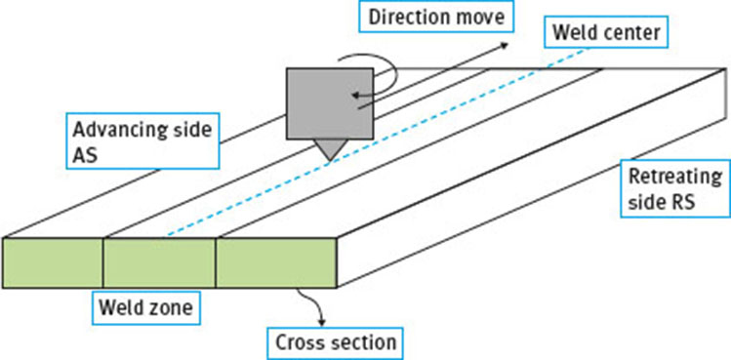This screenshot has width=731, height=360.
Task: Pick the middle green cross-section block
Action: pos(159,262)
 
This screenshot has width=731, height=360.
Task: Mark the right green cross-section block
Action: pos(274,262)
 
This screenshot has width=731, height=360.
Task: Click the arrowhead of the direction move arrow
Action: pos(504,43)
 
